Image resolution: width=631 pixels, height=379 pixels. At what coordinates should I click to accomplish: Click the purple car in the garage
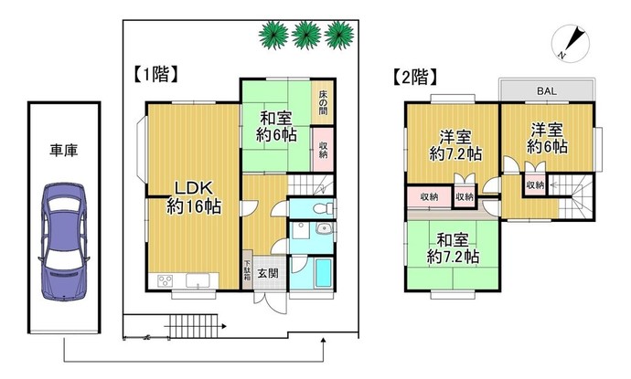(64, 241)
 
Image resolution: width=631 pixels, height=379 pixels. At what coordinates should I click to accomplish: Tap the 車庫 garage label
(64, 151)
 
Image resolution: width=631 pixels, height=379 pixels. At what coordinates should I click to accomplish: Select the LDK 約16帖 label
(194, 197)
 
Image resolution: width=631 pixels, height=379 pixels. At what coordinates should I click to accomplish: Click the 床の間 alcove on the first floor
(323, 102)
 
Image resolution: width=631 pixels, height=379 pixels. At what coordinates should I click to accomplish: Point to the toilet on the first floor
(325, 208)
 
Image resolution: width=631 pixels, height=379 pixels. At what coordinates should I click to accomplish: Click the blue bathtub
(323, 272)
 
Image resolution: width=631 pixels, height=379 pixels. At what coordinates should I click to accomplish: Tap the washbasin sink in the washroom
(323, 229)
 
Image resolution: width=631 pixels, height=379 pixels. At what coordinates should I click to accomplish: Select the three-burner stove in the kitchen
(165, 279)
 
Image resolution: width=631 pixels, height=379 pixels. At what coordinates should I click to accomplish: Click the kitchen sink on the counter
(198, 280)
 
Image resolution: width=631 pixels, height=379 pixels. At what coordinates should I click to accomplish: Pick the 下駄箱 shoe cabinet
(247, 269)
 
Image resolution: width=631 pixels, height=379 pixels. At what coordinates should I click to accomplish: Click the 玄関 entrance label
(268, 274)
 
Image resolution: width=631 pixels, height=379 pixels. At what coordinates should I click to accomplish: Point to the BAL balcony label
(547, 91)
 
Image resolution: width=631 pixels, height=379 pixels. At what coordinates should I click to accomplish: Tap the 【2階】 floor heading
(414, 77)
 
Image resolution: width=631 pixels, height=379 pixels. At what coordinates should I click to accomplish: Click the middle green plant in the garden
(306, 35)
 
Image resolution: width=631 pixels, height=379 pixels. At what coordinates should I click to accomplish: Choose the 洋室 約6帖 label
(547, 139)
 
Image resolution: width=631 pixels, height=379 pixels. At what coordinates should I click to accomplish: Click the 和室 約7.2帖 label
(453, 248)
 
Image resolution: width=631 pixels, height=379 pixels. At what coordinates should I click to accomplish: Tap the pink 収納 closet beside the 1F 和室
(323, 150)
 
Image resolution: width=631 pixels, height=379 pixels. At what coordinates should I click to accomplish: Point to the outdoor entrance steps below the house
(193, 326)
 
